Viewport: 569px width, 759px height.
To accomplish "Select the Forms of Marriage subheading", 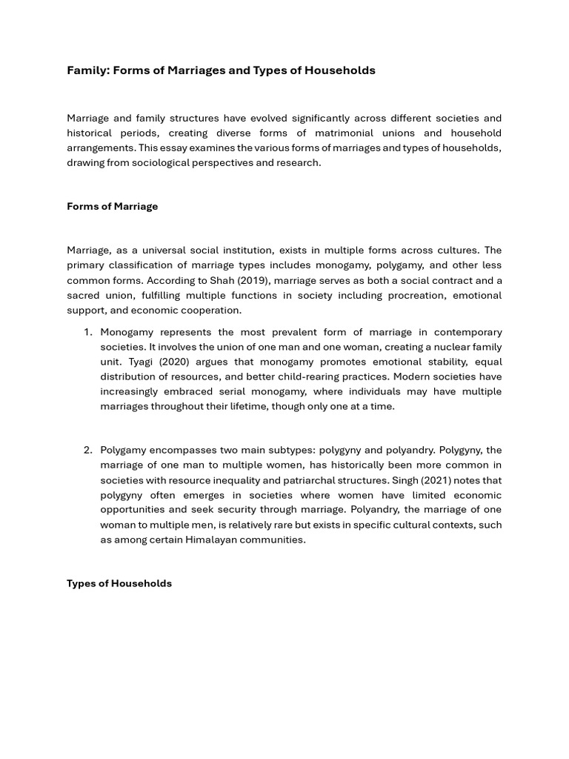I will pyautogui.click(x=112, y=206).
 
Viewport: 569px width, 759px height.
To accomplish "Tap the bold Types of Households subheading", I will pyautogui.click(x=119, y=583).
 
